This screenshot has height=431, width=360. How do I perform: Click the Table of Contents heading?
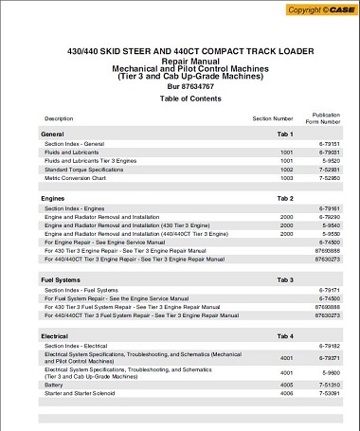click(x=180, y=99)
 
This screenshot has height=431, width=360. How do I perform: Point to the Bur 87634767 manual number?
click(x=180, y=86)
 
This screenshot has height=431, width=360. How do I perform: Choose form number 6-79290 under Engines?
click(x=326, y=216)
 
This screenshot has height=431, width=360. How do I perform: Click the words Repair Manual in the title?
click(x=180, y=60)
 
